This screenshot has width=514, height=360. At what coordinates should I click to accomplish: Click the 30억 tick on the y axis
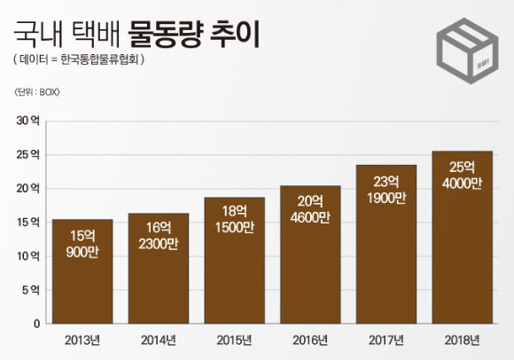(28, 120)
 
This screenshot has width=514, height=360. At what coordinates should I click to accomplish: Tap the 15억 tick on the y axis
(28, 222)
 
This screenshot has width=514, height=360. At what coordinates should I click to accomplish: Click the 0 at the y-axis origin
(35, 324)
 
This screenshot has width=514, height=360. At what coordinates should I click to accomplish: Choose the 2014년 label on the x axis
(159, 340)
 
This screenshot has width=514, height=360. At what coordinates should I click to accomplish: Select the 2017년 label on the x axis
(385, 340)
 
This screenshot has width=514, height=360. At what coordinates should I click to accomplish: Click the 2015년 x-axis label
(234, 340)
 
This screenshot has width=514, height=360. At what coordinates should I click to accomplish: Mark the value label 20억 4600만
(310, 208)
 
